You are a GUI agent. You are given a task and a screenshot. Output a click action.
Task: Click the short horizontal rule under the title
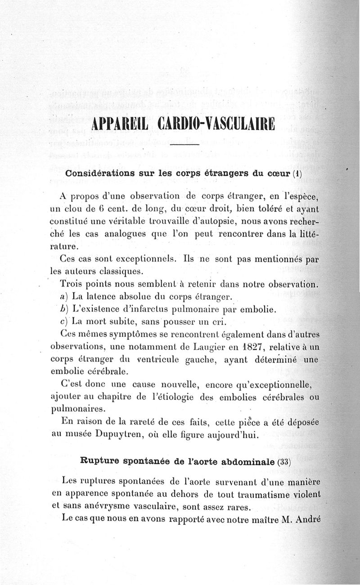point(184,145)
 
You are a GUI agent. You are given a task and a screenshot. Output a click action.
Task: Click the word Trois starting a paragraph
point(71,286)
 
